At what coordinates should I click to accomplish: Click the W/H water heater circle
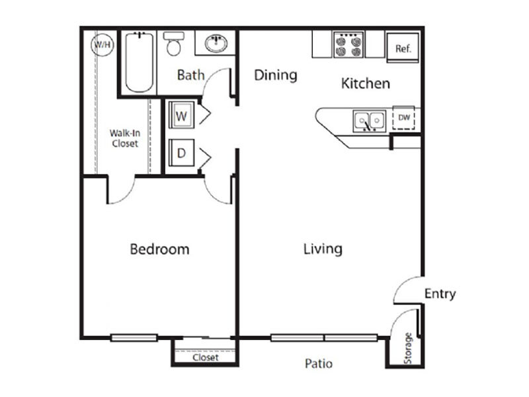pos(102,44)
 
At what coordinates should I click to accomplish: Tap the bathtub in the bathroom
pos(140,62)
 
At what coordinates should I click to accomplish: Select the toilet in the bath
pos(174,44)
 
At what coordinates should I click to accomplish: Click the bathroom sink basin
pos(216,44)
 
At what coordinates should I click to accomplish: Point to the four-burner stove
pos(348,44)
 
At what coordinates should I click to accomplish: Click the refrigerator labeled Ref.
pos(403,48)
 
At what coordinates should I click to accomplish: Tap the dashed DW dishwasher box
pos(404,118)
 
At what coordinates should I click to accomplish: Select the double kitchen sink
pos(370,120)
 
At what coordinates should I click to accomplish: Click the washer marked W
pos(181,114)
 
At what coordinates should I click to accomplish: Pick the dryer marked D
pos(181,153)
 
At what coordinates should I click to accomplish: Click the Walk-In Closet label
pos(124,138)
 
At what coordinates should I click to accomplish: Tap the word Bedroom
pos(159,249)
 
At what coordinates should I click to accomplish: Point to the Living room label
pos(323,249)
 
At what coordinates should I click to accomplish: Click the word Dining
pos(276,75)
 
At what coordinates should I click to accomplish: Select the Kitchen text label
pos(366,83)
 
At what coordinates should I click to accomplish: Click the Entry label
pos(440,294)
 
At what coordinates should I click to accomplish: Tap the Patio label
pos(319,363)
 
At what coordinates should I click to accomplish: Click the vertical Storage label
pos(408,348)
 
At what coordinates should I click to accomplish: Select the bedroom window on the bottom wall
pos(134,337)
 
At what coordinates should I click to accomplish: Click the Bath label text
pos(191,75)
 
